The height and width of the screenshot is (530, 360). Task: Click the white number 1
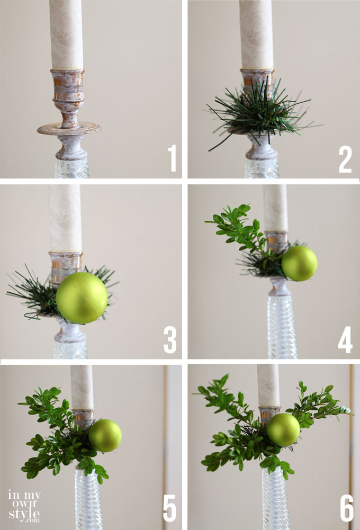point(173,158)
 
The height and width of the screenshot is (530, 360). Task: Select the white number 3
point(170,340)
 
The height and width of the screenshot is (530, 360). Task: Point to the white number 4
point(345,340)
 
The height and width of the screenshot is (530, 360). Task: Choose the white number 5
point(170,508)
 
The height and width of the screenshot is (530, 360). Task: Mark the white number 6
point(347,508)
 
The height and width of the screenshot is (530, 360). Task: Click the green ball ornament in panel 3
point(82,298)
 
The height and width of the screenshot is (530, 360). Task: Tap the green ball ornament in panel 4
point(300,264)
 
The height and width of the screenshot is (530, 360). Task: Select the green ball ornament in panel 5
point(105,436)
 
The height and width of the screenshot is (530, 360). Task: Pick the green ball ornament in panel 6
point(283,429)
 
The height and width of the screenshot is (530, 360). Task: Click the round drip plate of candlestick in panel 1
point(69,129)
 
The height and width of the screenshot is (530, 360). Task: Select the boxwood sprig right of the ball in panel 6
point(318,404)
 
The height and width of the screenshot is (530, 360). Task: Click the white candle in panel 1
point(66,34)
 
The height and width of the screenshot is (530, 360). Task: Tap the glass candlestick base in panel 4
point(283,326)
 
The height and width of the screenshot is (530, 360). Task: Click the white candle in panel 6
point(268,385)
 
